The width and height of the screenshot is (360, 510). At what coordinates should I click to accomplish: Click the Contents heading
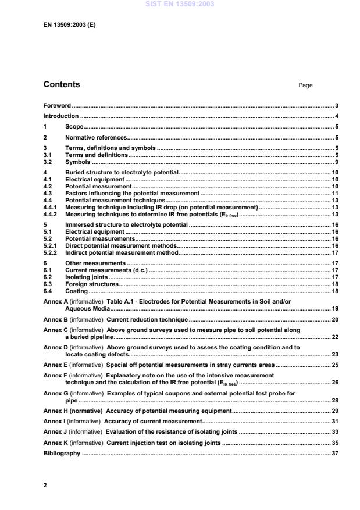click(62, 85)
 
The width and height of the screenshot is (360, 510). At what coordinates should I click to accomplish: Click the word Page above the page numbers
click(305, 85)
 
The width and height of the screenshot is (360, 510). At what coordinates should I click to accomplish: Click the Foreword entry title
click(57, 106)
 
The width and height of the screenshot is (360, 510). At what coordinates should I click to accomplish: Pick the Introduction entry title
click(61, 116)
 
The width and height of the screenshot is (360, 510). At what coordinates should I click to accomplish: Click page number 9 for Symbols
click(337, 162)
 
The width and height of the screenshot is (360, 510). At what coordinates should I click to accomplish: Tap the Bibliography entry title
click(62, 454)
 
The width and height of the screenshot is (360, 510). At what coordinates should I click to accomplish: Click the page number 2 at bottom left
click(45, 484)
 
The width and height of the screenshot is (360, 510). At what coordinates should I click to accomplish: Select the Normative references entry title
click(96, 138)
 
